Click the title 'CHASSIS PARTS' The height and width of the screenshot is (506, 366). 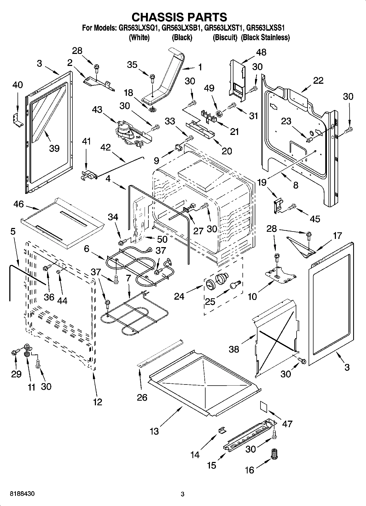pos(179,17)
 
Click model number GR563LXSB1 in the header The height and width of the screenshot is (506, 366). pos(181,28)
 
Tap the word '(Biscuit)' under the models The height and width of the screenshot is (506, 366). pos(225,37)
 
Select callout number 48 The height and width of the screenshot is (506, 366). pos(261,52)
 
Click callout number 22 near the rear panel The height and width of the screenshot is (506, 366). pos(318,80)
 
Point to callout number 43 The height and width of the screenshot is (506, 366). pos(97,110)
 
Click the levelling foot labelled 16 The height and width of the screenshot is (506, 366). pos(274,455)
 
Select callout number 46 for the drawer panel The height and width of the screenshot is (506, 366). pos(18,204)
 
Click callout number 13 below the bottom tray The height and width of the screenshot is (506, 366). pos(154,432)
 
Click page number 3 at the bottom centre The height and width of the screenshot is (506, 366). pos(183,494)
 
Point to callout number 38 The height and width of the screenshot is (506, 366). pos(234,349)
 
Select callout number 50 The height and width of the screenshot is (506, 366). pos(162,239)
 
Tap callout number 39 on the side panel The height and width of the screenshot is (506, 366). pos(54,148)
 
